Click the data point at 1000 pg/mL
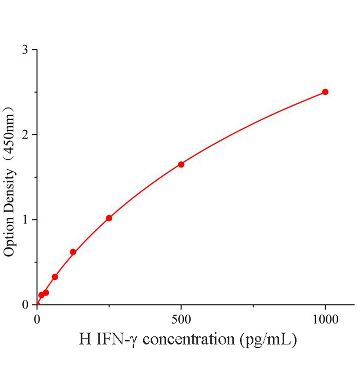325,92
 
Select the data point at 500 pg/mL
181,165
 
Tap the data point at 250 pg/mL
109,218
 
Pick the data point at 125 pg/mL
73,252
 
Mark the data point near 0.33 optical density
55,277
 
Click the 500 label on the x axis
181,320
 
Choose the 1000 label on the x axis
325,320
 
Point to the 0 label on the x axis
37,320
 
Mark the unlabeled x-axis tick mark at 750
253,306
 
